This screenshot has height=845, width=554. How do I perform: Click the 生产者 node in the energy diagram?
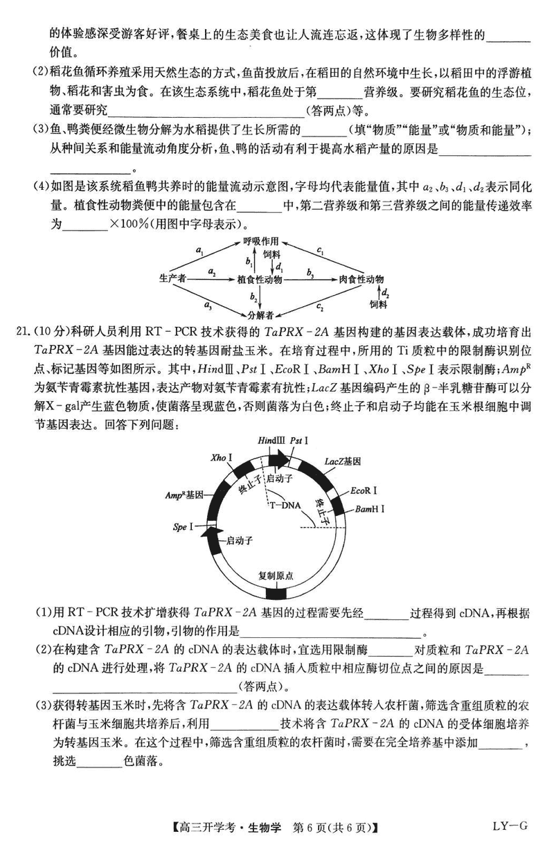point(172,278)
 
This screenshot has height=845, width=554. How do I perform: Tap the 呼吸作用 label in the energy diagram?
point(260,241)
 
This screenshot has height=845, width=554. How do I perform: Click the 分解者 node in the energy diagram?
point(260,315)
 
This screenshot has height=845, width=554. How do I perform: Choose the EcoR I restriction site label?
point(364,490)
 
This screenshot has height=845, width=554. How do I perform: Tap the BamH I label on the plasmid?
point(370,509)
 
